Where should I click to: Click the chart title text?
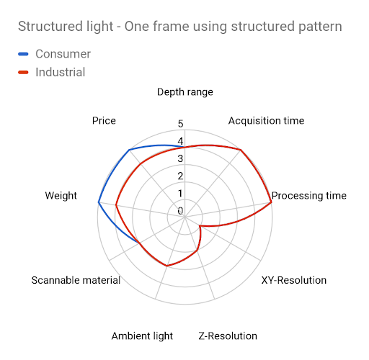coord(180,27)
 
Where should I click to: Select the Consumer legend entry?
coord(55,54)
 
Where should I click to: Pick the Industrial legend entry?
coord(52,72)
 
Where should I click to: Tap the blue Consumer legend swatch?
coord(23,54)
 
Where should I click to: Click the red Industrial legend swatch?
coord(23,72)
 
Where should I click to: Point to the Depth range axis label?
coord(185,92)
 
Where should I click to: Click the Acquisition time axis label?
coord(266,120)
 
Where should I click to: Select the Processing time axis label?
coord(309,196)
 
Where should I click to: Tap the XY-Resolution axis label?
coord(294,280)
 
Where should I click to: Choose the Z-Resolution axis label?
coord(228,336)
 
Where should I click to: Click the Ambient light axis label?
coord(142,336)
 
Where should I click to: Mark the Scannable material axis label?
coord(76,280)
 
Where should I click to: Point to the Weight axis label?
coord(61,196)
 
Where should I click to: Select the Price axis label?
coord(104,120)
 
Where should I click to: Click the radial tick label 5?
coord(180,124)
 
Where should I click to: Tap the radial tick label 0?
coord(180,211)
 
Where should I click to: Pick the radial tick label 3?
coord(180,158)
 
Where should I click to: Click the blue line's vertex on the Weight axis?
coord(99,202)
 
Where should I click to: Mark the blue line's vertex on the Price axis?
coord(129,150)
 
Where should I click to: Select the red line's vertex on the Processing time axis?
coord(271,202)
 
